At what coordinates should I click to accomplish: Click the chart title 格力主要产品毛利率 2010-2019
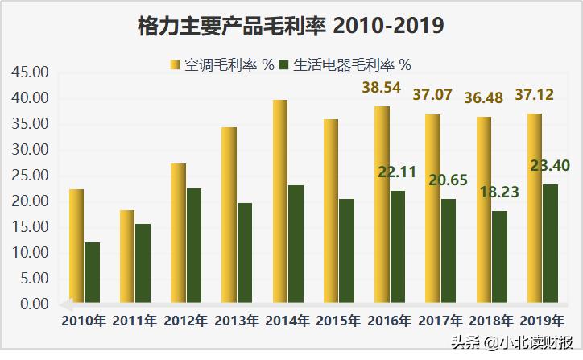[291, 26]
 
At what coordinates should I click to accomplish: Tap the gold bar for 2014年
[279, 201]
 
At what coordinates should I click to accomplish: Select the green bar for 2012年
[193, 246]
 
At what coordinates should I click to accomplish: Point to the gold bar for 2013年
[229, 214]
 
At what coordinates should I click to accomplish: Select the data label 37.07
[432, 95]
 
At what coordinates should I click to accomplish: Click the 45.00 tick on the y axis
[31, 72]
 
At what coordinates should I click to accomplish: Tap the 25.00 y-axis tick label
[31, 176]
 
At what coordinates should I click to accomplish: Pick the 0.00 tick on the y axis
[34, 304]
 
